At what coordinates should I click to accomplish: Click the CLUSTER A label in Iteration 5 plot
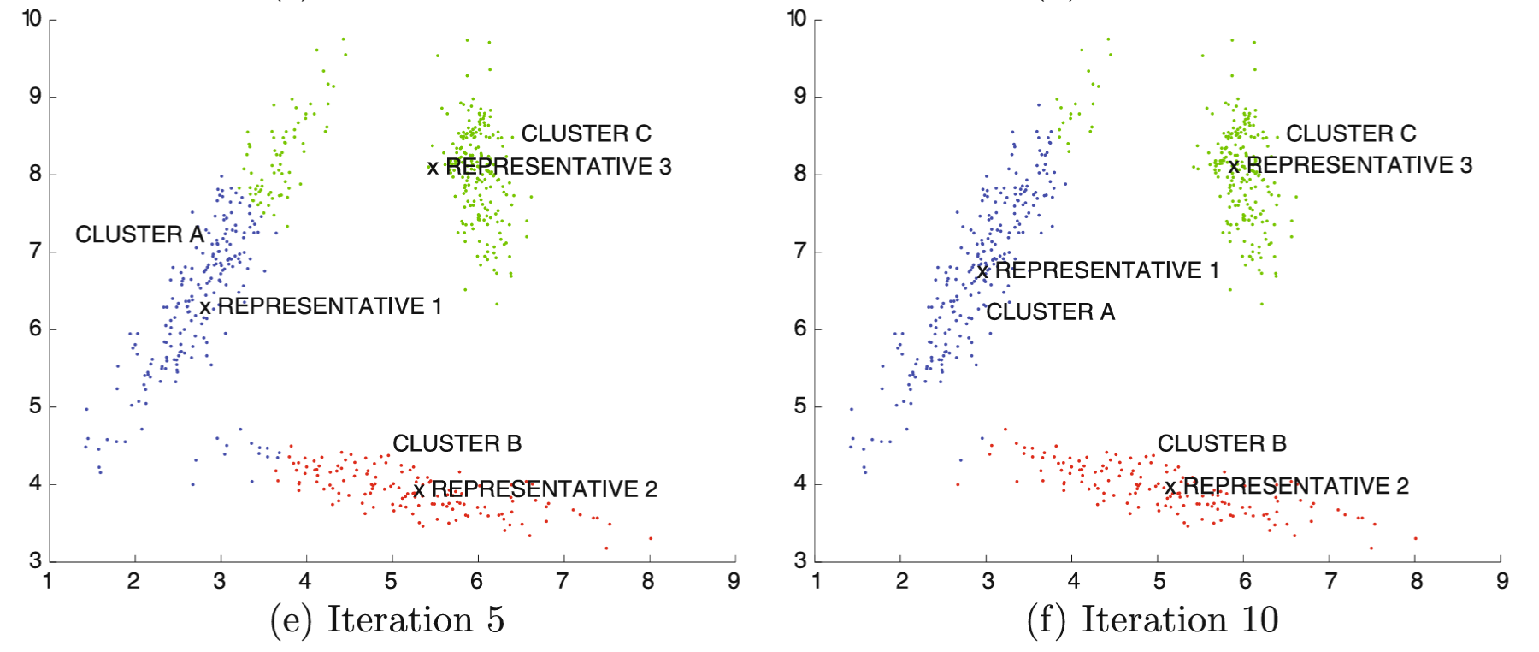[139, 234]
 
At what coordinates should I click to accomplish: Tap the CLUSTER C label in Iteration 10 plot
[1351, 134]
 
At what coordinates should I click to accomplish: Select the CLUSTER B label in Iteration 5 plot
[457, 443]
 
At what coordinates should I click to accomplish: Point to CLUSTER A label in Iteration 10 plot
[1050, 312]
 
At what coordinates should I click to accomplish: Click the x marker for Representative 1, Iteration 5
[205, 308]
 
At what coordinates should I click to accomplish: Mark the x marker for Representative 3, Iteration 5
[433, 169]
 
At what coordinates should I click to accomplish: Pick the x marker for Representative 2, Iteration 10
[1170, 489]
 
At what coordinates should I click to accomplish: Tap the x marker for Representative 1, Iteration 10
[982, 273]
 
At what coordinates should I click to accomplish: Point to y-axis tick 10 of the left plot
[32, 19]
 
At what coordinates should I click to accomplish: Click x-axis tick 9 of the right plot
[1502, 582]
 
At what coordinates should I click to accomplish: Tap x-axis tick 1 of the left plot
[48, 582]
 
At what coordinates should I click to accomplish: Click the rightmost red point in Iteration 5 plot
[651, 538]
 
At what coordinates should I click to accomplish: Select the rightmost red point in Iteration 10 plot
[1416, 538]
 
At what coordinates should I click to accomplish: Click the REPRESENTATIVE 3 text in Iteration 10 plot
[1359, 165]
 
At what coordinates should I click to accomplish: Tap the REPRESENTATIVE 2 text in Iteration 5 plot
[544, 489]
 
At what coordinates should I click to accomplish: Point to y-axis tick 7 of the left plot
[35, 252]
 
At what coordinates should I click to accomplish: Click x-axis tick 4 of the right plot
[1073, 582]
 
